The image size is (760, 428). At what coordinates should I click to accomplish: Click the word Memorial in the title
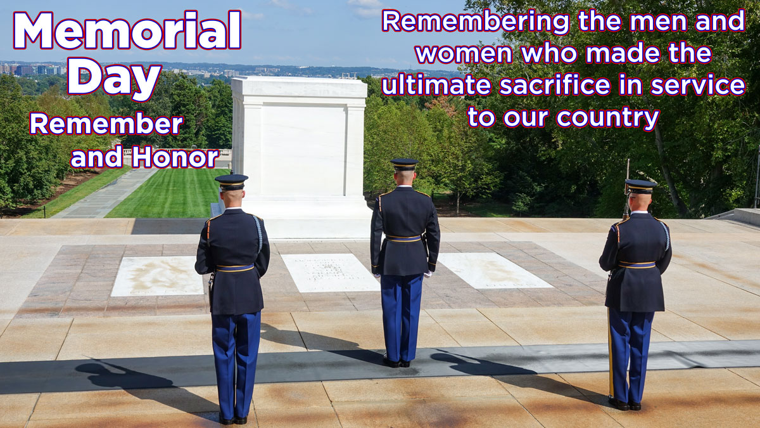pos(127,30)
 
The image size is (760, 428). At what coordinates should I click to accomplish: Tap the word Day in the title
pos(115,79)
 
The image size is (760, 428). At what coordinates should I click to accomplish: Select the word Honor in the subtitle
pos(175,157)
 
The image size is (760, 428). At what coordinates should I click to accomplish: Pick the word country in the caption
pos(607,119)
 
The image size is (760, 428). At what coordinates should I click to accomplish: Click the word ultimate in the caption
pos(436,85)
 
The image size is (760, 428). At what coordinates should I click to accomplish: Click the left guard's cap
pos(231,182)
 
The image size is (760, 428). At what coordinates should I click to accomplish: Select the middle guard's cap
pos(404,164)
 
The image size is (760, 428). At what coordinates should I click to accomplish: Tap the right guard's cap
pos(640,186)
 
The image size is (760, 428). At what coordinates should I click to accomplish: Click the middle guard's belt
pos(403,238)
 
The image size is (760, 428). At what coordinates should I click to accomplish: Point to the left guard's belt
pos(235,268)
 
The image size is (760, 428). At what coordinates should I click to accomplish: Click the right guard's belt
pos(636,264)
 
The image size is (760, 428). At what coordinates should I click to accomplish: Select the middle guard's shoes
pos(396,363)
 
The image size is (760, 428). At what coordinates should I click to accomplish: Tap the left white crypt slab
pos(158,276)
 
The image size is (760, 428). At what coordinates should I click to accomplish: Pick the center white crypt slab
pos(330,273)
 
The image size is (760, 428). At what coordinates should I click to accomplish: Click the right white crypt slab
pos(495,270)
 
